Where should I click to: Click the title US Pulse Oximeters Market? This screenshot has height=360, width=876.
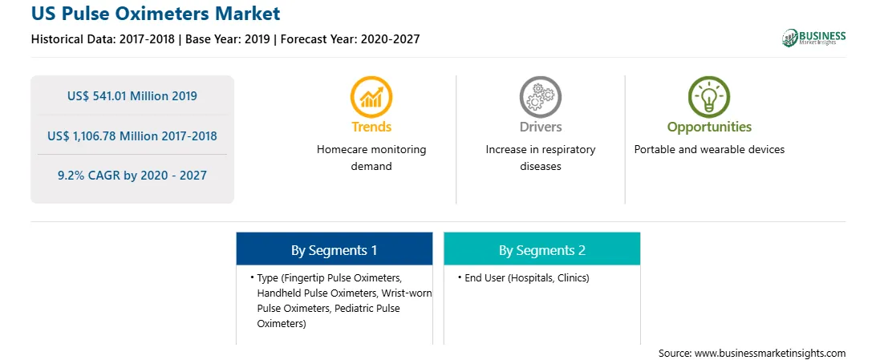(156, 14)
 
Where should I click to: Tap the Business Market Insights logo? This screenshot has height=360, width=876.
(813, 38)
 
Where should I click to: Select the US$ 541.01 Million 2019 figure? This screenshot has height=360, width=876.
(132, 96)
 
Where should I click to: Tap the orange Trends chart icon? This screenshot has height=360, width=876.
(371, 96)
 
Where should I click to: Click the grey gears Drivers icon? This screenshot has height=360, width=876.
(540, 96)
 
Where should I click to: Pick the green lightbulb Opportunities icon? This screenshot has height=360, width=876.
(709, 96)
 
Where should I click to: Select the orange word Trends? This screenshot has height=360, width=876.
(371, 127)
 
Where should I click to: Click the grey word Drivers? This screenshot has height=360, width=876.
(540, 127)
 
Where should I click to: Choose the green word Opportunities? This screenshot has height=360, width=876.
(709, 127)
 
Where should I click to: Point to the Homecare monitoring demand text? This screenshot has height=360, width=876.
(371, 158)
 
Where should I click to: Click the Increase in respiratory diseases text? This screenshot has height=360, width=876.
(540, 158)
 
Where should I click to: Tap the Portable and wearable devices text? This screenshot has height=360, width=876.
(709, 150)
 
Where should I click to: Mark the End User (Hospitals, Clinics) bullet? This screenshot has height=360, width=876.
(523, 277)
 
